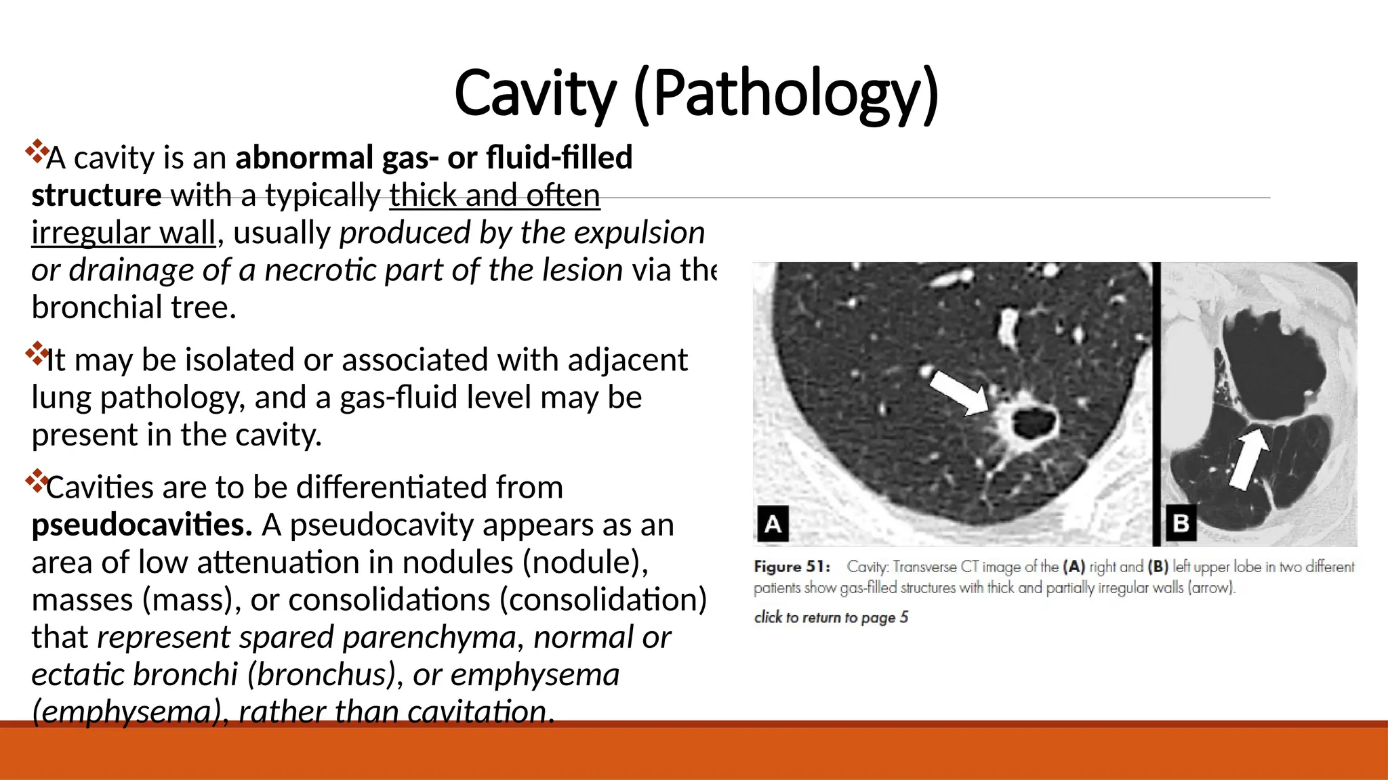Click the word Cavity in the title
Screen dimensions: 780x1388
click(x=534, y=93)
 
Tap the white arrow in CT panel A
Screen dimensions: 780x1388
click(x=958, y=392)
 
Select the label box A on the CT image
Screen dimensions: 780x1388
click(x=773, y=523)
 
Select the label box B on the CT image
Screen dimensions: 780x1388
click(x=1181, y=523)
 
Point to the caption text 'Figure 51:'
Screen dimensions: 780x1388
click(x=792, y=567)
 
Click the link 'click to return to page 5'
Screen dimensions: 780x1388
click(x=831, y=617)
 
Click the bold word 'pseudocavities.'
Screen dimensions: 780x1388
click(x=142, y=525)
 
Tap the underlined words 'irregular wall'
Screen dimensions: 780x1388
click(x=123, y=233)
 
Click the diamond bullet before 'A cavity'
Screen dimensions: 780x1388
click(x=36, y=151)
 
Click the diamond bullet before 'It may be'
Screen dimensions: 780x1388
click(x=36, y=353)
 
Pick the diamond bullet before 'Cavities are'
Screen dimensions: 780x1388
click(x=36, y=481)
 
